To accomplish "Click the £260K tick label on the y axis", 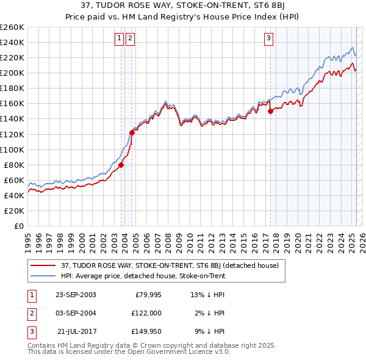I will click(12, 27).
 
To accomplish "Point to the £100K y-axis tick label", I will click(12, 149).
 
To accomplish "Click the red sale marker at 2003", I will click(121, 164).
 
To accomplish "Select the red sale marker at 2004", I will click(132, 132).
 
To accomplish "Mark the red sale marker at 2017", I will click(271, 111).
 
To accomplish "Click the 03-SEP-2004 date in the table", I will click(76, 313).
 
